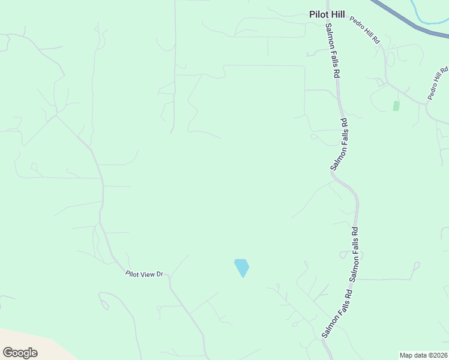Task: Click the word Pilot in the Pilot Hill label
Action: tap(318, 14)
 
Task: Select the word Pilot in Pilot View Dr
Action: tap(132, 274)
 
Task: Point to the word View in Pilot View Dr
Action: tap(147, 274)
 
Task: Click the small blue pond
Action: tap(241, 267)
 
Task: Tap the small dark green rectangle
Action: tap(396, 106)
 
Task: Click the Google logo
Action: tap(20, 352)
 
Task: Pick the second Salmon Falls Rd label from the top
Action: tap(339, 143)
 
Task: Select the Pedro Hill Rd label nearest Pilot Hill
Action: tap(366, 29)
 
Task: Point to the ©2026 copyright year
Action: tap(438, 355)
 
